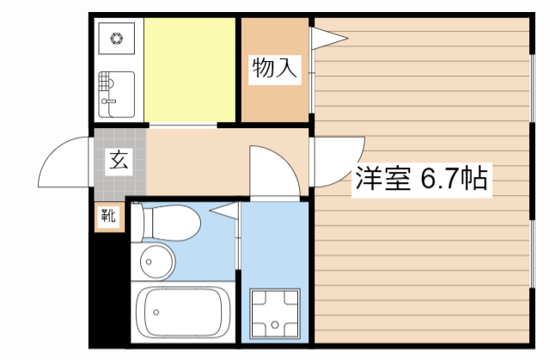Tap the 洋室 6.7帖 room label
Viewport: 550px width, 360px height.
pyautogui.click(x=422, y=179)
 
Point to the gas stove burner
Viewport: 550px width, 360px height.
pyautogui.click(x=117, y=37)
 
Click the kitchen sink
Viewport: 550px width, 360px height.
pyautogui.click(x=117, y=93)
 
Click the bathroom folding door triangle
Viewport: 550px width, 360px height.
pyautogui.click(x=224, y=210)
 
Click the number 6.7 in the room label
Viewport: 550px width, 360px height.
pyautogui.click(x=438, y=179)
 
